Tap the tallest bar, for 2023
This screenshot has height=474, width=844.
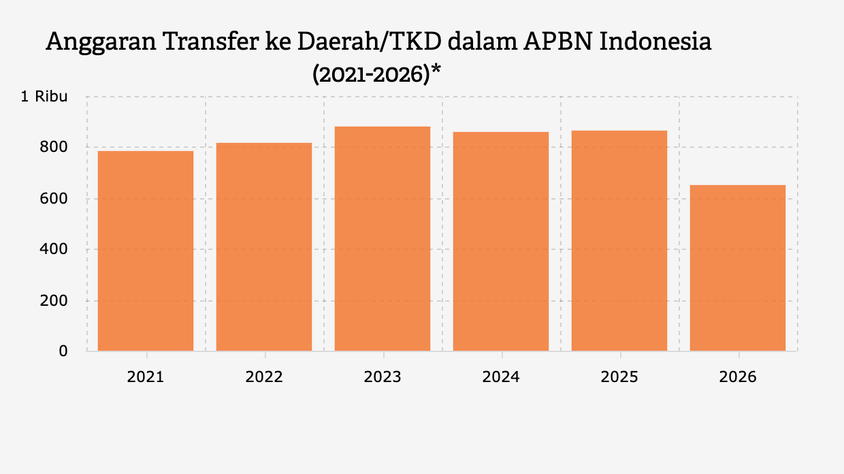pos(383,238)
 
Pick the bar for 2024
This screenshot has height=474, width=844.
pos(501,241)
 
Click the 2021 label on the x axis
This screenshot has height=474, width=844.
pos(146,377)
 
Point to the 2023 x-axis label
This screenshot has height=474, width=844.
pos(383,377)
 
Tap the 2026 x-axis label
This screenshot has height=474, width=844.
pos(738,377)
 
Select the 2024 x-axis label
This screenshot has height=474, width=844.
pos(501,377)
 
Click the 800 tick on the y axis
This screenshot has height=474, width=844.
pos(55,147)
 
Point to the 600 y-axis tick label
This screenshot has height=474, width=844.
pos(55,198)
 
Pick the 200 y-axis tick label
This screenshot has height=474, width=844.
pos(55,300)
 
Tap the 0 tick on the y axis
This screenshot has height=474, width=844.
pos(63,351)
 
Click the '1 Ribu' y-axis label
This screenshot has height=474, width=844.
pos(44,97)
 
